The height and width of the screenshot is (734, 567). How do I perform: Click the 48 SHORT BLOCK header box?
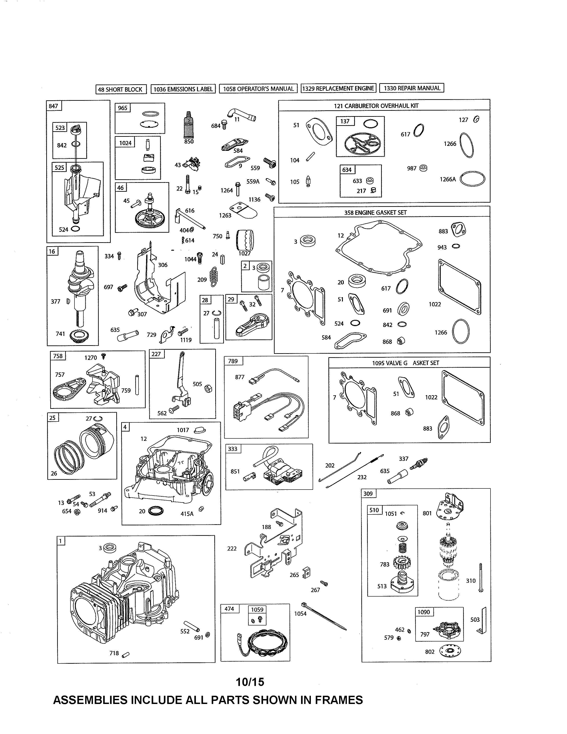pyautogui.click(x=121, y=89)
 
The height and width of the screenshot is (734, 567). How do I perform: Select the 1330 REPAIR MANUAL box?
pyautogui.click(x=412, y=88)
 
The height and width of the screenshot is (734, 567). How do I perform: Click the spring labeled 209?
pyautogui.click(x=213, y=277)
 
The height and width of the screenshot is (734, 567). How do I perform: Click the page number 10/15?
pyautogui.click(x=250, y=682)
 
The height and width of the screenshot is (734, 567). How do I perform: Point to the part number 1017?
pyautogui.click(x=183, y=430)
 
